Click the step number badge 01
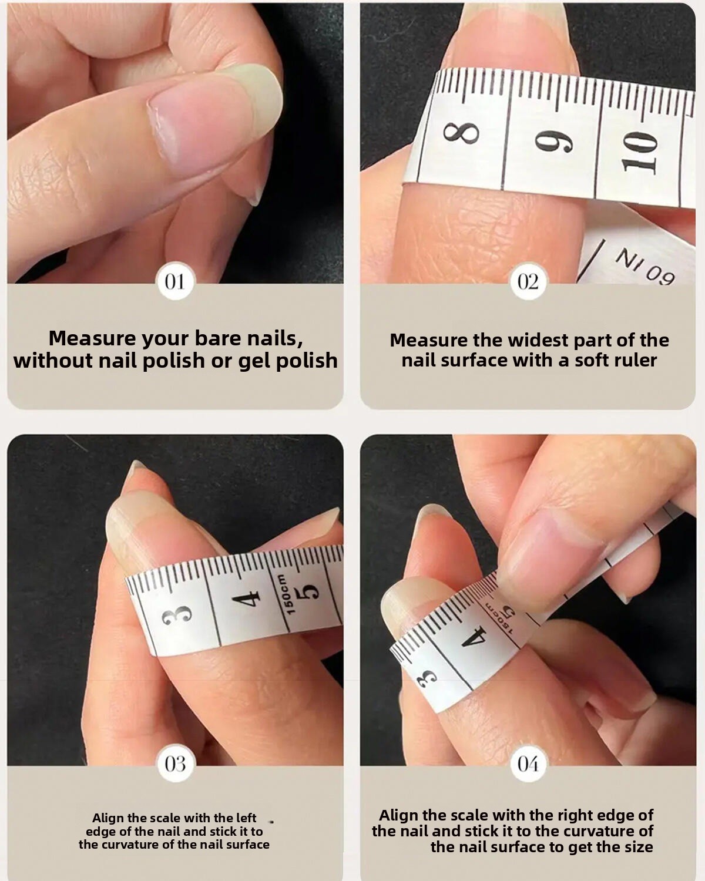[175, 282]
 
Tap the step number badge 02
[528, 282]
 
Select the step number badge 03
[175, 764]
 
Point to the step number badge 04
[528, 764]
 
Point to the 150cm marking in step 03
[288, 594]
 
